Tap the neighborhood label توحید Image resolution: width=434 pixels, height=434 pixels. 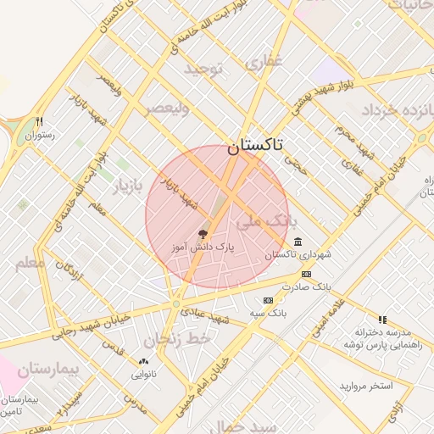(203, 69)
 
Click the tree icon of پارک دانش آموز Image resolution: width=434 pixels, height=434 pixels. (202, 233)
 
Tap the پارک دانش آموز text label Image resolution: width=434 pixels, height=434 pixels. (202, 247)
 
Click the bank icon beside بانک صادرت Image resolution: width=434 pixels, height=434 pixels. (306, 273)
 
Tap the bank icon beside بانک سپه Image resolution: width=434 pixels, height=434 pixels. (269, 300)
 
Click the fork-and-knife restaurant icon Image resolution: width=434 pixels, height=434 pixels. (39, 121)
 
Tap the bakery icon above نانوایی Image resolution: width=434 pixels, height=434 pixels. (142, 361)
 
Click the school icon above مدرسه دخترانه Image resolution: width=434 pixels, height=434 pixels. (382, 320)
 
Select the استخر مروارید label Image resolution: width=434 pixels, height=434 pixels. (366, 386)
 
